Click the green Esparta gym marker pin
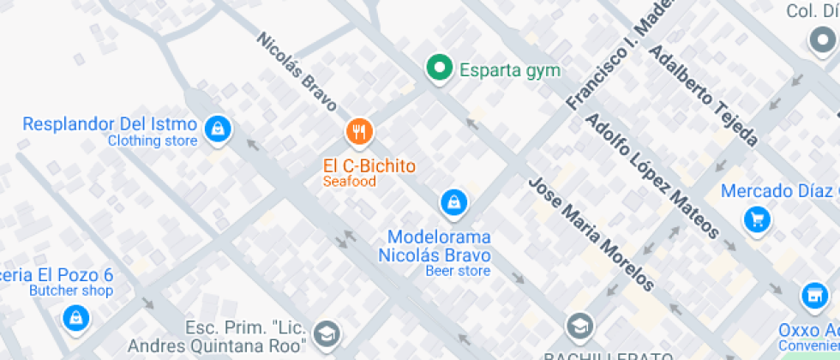click(440, 69)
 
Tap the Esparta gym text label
click(510, 70)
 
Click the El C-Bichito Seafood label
click(369, 171)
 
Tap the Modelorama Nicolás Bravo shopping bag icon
click(453, 203)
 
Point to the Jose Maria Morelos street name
click(591, 234)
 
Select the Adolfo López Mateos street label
click(651, 175)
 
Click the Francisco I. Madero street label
click(613, 60)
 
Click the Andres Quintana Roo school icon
click(327, 334)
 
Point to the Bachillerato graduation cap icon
click(580, 327)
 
